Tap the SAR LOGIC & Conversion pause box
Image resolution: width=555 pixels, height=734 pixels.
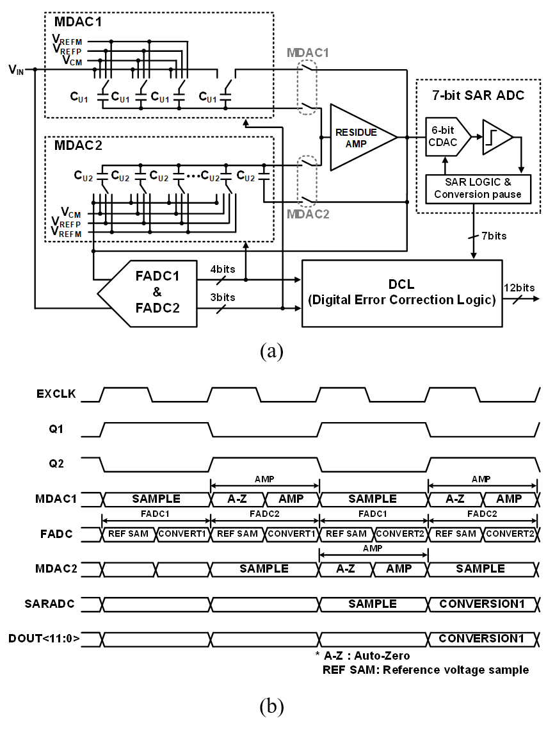[478, 189]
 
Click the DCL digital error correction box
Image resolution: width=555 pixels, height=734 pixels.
[402, 293]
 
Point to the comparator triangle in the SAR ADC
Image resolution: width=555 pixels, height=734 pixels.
[497, 136]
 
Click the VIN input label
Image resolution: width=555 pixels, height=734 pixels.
[17, 70]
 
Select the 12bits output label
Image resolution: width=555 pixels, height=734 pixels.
[519, 288]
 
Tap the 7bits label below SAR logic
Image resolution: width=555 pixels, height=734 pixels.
[494, 236]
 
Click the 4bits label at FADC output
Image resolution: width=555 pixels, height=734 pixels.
[223, 269]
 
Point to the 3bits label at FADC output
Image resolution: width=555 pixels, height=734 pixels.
[223, 297]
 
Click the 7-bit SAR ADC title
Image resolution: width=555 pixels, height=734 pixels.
[478, 95]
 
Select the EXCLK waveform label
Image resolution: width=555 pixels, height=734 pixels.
[56, 394]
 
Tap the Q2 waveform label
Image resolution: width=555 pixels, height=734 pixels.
[56, 464]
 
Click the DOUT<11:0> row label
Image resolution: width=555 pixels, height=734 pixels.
[44, 639]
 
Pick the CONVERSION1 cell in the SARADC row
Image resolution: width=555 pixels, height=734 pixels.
[483, 604]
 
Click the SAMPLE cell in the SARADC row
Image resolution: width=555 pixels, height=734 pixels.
[373, 604]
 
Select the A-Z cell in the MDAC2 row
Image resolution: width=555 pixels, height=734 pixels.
[346, 569]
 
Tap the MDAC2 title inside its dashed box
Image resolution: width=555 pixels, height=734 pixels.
[78, 145]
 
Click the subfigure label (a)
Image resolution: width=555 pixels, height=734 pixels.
[271, 350]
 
